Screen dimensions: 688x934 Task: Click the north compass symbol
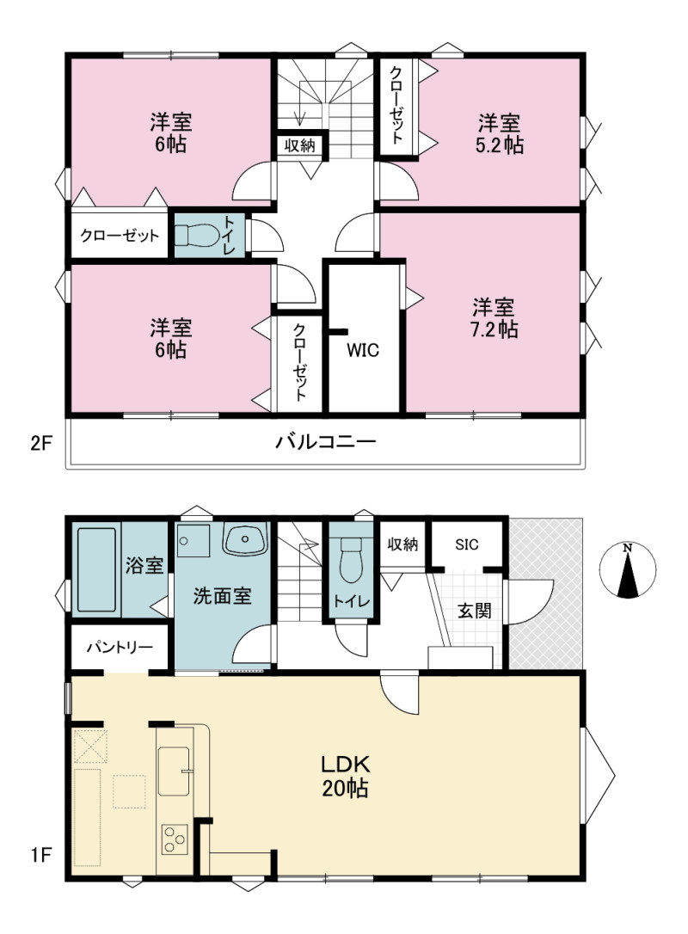coord(628,570)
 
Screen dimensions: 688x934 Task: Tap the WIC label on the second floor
coord(363,350)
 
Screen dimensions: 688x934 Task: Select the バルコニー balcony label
coord(326,442)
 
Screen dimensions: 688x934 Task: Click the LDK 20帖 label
coord(346,776)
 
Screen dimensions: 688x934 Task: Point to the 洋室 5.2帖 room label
coord(499,135)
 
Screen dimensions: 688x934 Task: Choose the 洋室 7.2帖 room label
coord(494,319)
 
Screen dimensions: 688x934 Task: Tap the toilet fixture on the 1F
coord(351,561)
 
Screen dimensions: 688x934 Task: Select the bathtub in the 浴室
coord(96,569)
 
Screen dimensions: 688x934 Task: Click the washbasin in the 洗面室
coord(245,539)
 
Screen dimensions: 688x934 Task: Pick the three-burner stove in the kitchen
coord(175,839)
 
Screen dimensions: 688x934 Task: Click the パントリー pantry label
coord(120,648)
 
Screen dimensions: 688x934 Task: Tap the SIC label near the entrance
coord(466,544)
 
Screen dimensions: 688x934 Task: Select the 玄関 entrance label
coord(474,611)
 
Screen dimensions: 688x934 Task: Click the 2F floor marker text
coord(41,444)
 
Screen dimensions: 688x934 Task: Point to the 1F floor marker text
coord(41,857)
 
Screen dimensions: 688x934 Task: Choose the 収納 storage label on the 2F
coord(299,145)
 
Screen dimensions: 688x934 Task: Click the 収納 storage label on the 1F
coord(402,544)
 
